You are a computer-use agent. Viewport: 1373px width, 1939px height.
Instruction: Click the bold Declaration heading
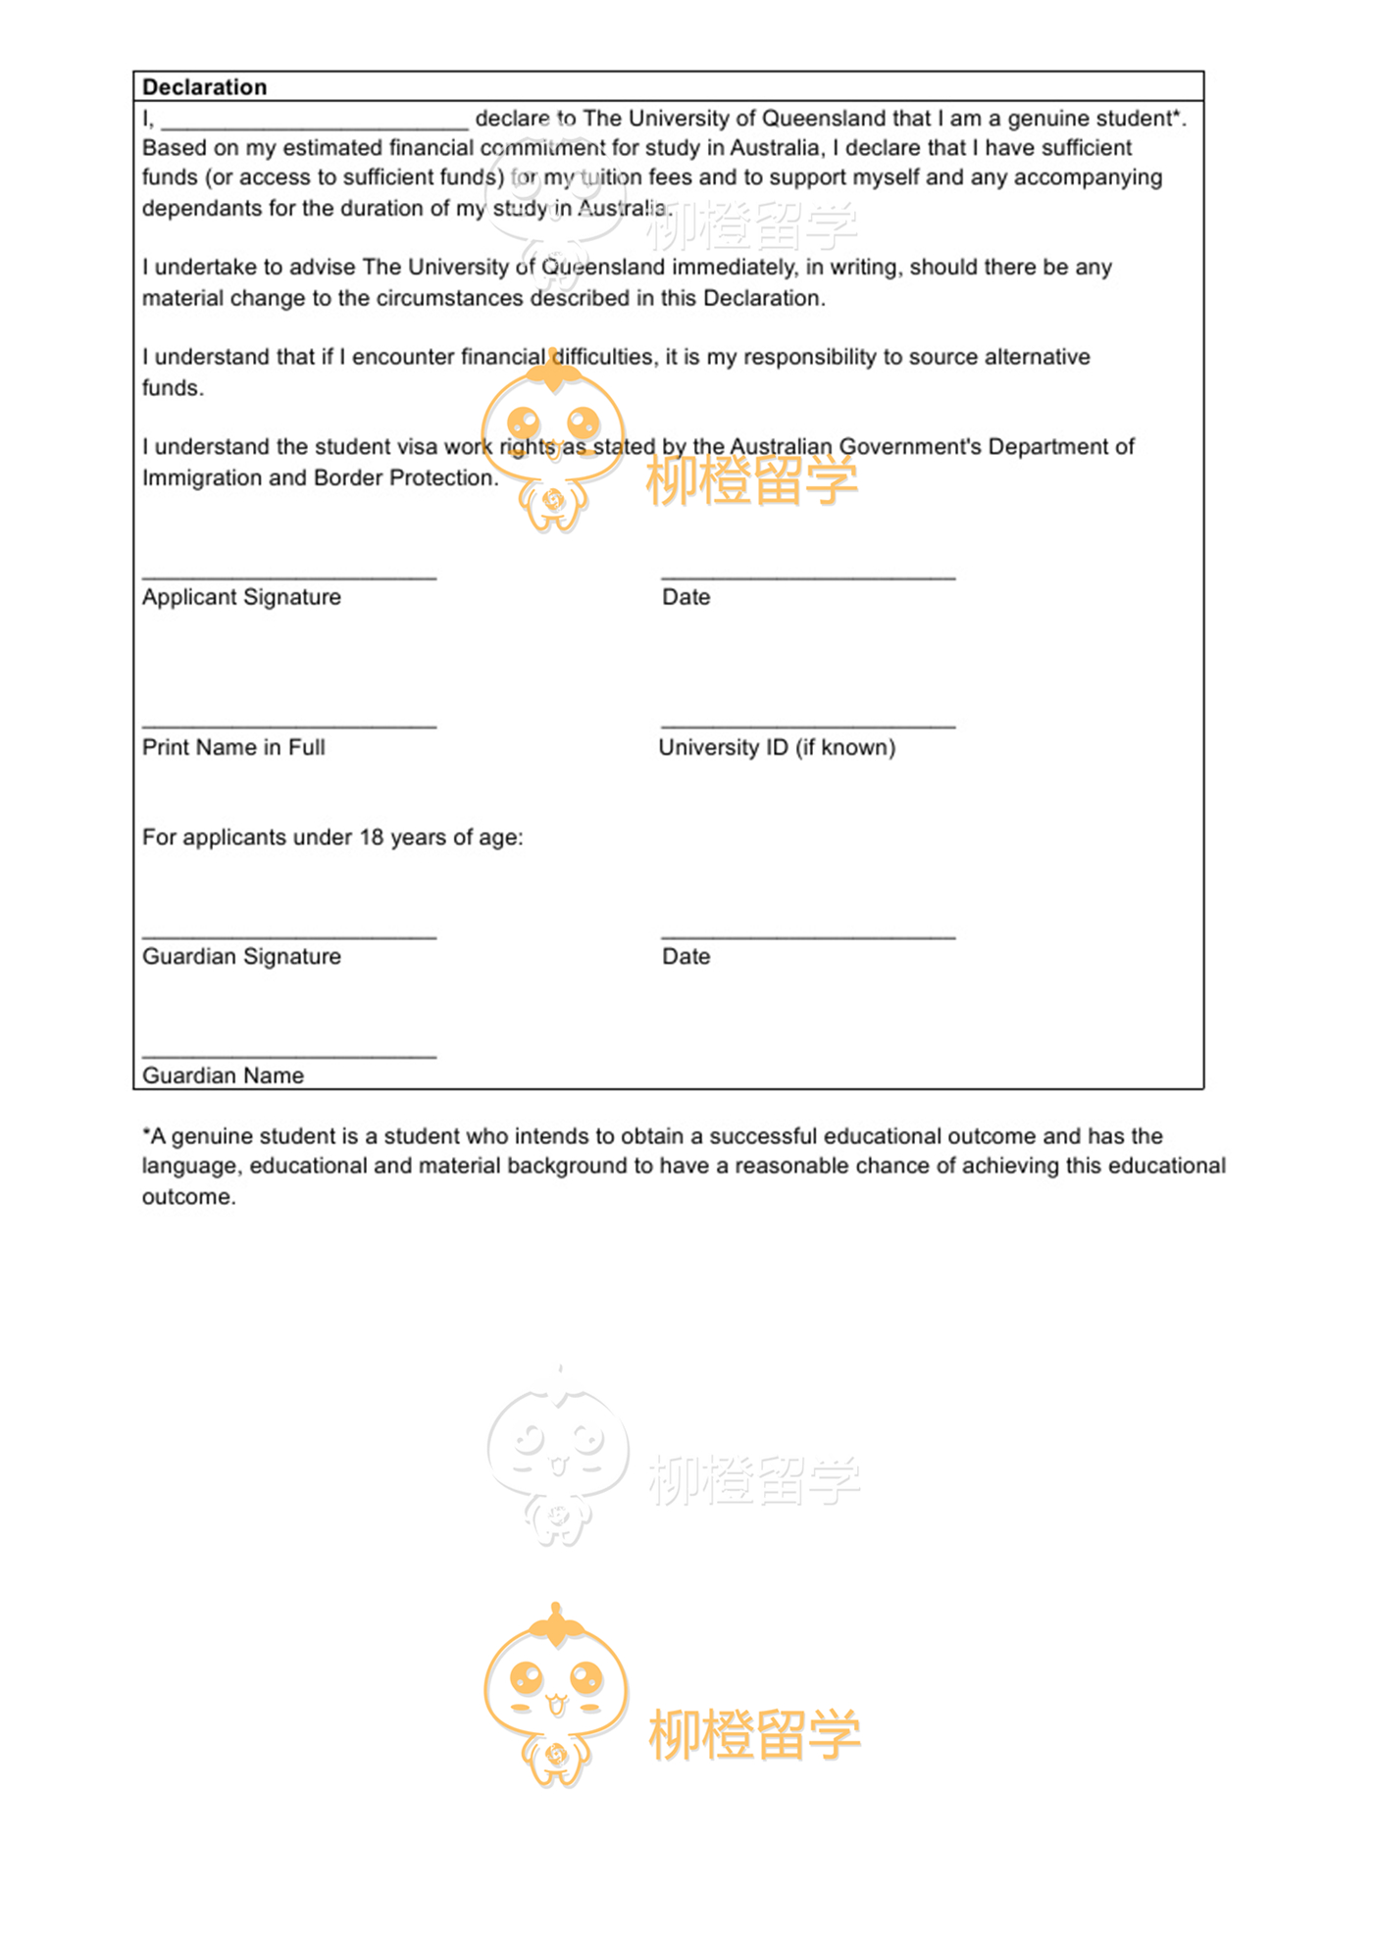[x=204, y=87]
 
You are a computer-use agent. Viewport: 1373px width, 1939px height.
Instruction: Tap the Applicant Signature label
[x=241, y=597]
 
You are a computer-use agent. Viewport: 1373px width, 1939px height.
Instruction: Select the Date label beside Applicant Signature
[x=686, y=597]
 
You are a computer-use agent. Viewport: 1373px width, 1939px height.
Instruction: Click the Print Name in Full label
[x=233, y=747]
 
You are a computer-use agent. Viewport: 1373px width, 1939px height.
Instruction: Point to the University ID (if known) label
[x=777, y=747]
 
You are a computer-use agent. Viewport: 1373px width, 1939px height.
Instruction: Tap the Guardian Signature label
[x=241, y=957]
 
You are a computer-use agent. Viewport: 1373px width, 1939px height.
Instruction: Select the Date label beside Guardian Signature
[x=686, y=957]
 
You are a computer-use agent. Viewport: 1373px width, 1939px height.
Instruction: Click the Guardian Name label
[x=223, y=1075]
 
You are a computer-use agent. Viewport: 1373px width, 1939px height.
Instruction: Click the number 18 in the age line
[x=371, y=837]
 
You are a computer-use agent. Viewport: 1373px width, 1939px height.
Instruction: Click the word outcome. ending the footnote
[x=188, y=1197]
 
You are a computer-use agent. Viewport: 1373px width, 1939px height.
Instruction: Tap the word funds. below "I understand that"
[x=173, y=388]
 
